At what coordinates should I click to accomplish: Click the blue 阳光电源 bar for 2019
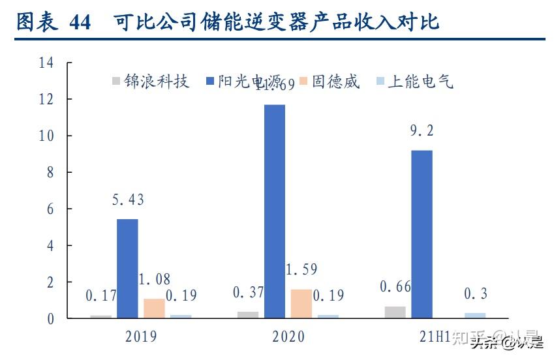(127, 269)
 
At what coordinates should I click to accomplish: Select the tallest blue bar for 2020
(274, 211)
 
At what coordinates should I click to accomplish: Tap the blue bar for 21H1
(422, 234)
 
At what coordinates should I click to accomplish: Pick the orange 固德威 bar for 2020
(301, 304)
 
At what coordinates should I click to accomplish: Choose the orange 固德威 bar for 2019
(154, 308)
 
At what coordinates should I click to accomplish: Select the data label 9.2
(421, 131)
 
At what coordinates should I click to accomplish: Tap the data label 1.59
(301, 269)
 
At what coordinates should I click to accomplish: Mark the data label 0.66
(395, 286)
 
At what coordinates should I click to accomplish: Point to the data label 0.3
(475, 294)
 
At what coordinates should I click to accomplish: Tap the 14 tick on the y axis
(45, 63)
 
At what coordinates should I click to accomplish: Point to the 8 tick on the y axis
(49, 173)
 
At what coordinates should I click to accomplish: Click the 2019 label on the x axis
(140, 337)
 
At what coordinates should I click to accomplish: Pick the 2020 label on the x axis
(288, 337)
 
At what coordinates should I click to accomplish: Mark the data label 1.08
(154, 280)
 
